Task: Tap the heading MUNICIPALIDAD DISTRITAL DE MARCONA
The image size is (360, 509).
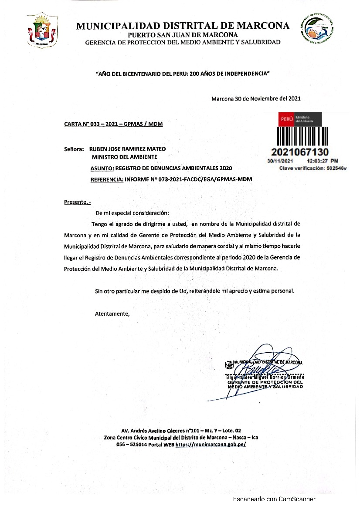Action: pyautogui.click(x=183, y=26)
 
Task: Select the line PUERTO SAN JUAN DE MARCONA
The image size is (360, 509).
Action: pyautogui.click(x=183, y=35)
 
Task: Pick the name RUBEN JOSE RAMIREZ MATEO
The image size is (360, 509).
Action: pyautogui.click(x=127, y=148)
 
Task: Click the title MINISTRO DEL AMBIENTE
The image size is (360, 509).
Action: pyautogui.click(x=124, y=157)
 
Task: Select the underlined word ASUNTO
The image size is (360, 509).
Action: pyautogui.click(x=102, y=168)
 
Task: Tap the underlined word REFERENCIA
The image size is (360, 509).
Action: pyautogui.click(x=107, y=179)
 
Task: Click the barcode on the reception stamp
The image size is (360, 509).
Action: pyautogui.click(x=300, y=136)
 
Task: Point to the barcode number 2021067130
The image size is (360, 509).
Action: pyautogui.click(x=300, y=152)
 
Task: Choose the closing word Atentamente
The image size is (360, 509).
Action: pyautogui.click(x=112, y=313)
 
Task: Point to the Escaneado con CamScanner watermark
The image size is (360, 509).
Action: pyautogui.click(x=274, y=499)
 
